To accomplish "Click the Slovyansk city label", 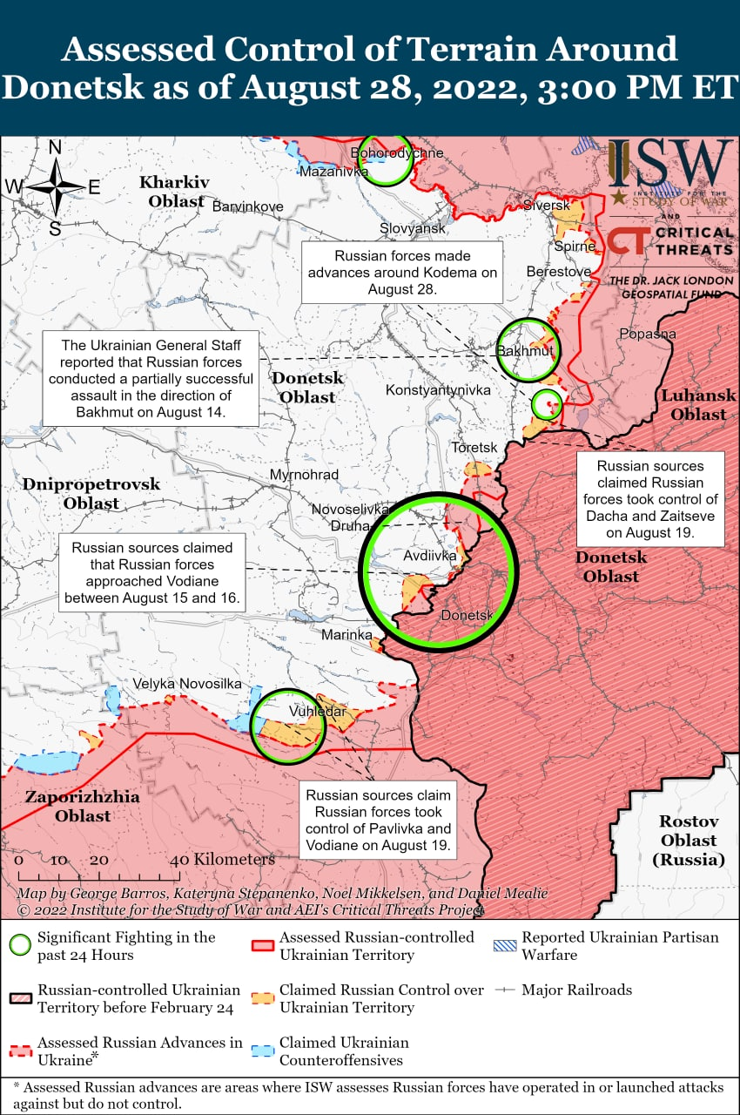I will [413, 228].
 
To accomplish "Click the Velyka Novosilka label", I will [187, 684].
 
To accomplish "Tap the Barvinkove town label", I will [247, 207].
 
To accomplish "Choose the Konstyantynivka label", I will [438, 390].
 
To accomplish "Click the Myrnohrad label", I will [304, 475].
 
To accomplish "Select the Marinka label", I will [346, 635].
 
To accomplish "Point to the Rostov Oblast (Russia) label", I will [688, 841].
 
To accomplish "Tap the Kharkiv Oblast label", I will [175, 192].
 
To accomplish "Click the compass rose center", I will [55, 186].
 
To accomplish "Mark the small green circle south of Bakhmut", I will [547, 403].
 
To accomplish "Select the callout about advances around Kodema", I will [403, 272].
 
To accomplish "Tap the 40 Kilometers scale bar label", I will [225, 860].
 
